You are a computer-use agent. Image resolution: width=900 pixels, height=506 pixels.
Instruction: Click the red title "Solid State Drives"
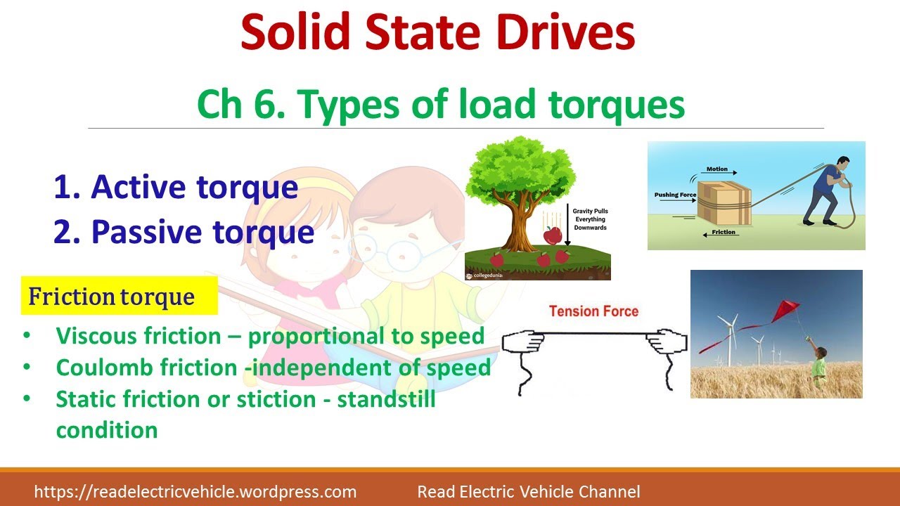[437, 32]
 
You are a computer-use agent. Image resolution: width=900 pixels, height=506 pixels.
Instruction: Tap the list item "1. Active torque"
[176, 187]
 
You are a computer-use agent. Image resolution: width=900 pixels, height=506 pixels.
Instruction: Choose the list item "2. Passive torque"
[184, 232]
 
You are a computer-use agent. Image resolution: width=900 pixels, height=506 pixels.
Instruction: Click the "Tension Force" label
[593, 311]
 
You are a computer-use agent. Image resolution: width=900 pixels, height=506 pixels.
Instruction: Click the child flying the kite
[819, 365]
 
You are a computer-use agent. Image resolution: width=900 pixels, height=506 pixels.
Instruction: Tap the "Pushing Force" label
[675, 195]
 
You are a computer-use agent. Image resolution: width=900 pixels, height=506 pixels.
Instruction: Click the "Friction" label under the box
[722, 232]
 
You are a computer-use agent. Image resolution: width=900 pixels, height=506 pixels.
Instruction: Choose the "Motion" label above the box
[717, 169]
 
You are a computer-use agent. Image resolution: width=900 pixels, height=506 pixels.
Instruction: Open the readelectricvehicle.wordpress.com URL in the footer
[195, 492]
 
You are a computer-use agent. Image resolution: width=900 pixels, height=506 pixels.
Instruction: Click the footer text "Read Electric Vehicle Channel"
[529, 492]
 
